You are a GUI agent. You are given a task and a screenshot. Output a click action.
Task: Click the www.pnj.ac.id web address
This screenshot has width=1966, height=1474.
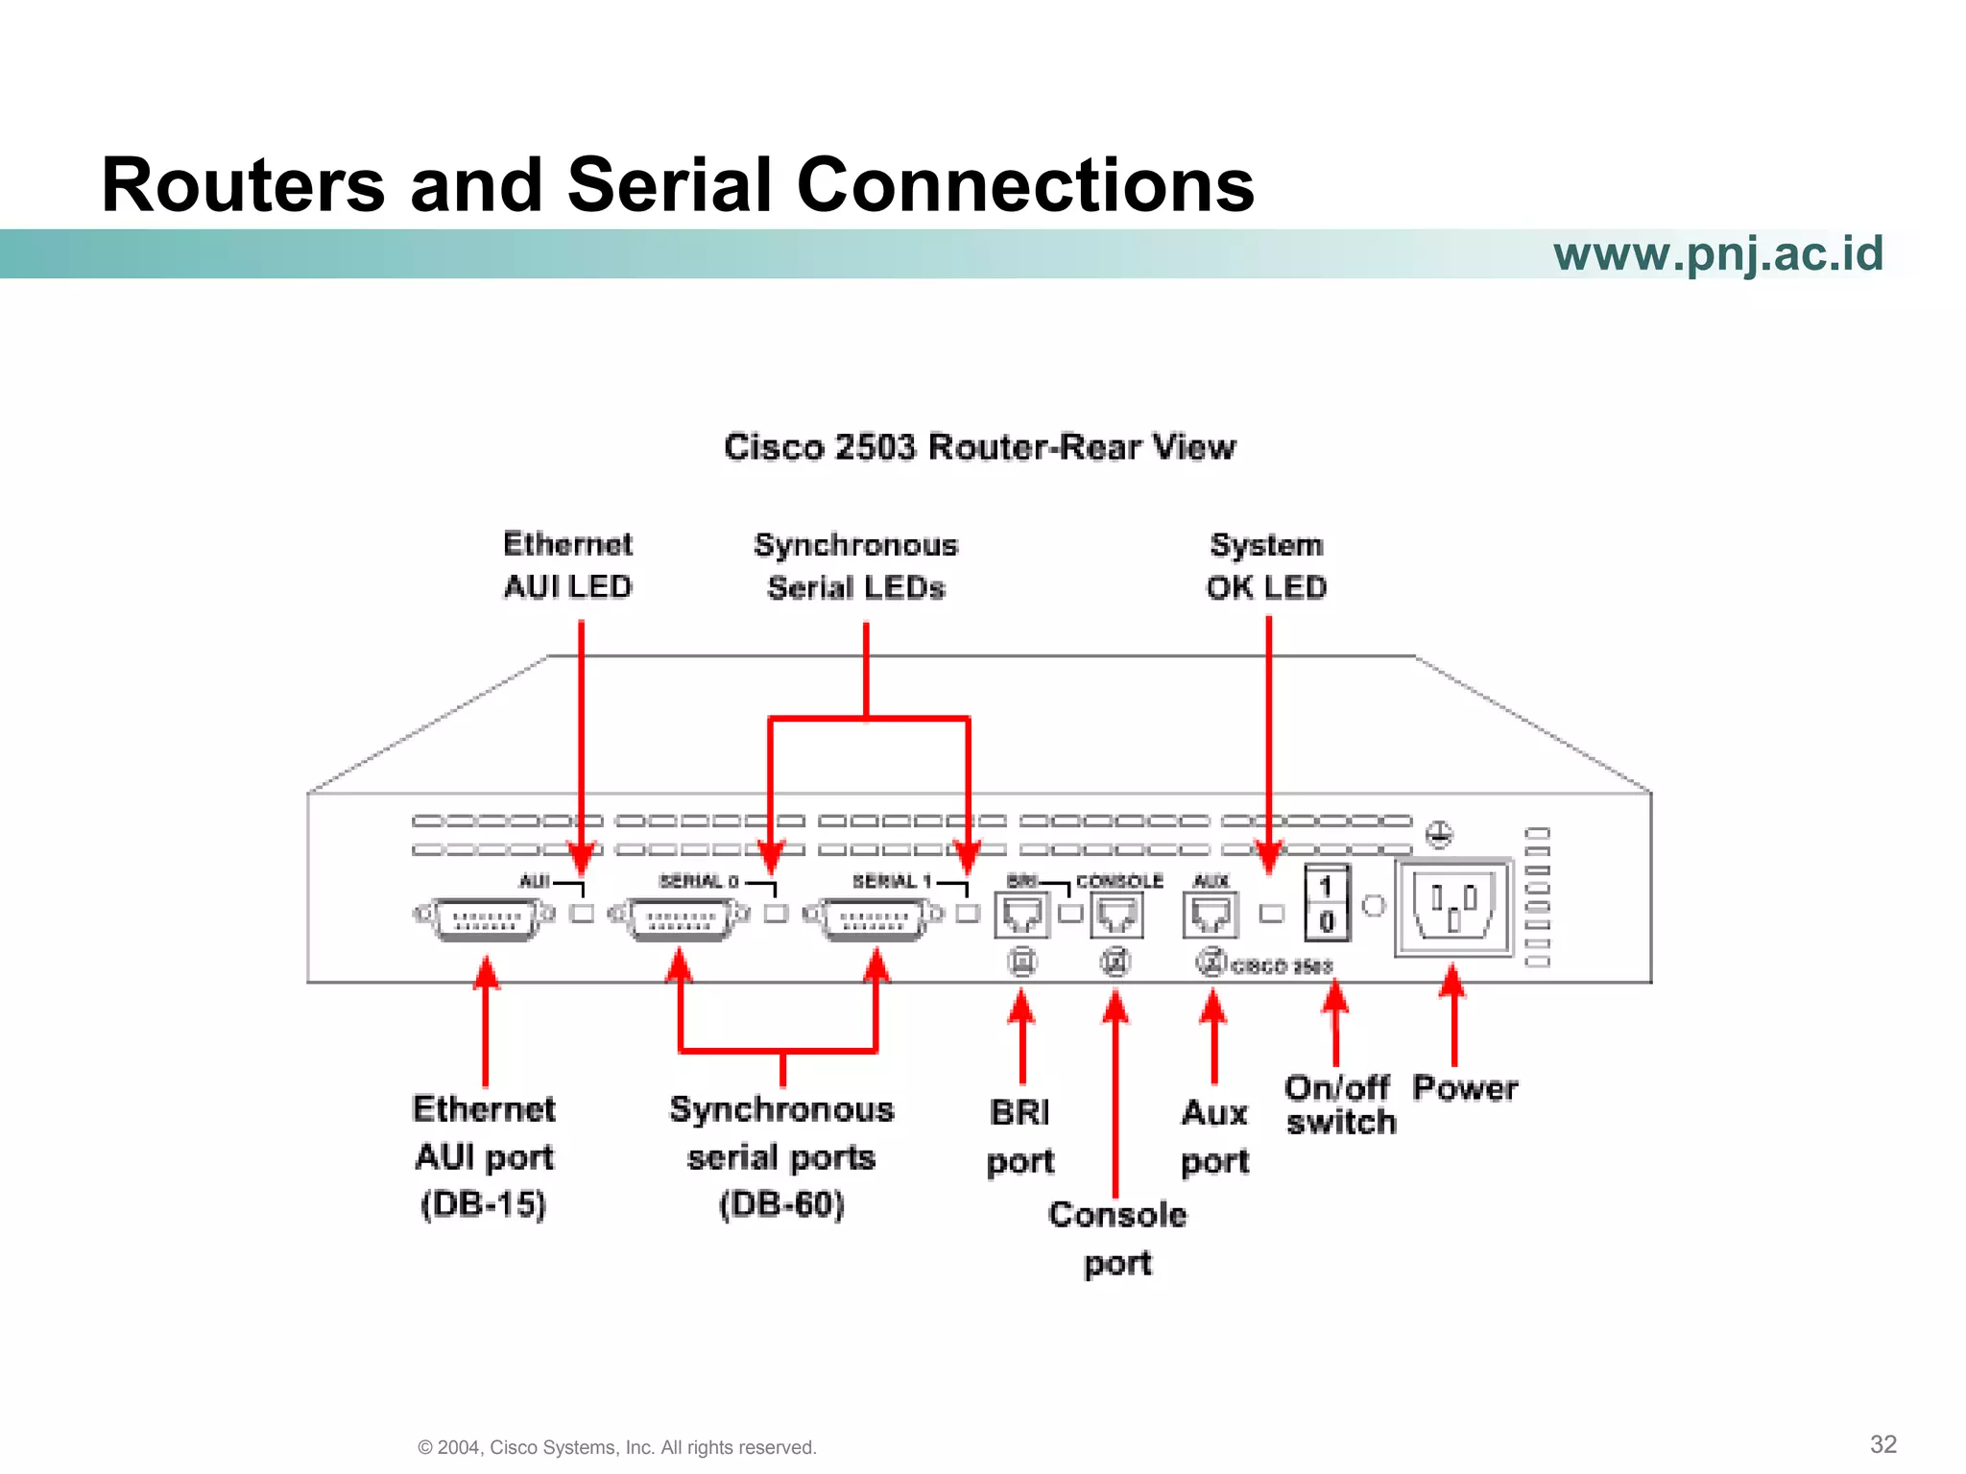1717,254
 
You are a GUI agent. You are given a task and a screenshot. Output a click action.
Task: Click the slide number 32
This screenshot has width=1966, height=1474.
1882,1444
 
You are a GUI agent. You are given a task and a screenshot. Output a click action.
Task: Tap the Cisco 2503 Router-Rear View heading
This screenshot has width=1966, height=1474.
979,447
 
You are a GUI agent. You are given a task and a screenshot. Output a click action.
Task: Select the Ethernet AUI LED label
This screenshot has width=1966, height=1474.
567,565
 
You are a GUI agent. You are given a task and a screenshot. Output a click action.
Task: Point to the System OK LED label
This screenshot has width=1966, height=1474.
1266,566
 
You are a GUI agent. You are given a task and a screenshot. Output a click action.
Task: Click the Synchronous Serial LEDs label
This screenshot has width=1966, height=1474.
855,566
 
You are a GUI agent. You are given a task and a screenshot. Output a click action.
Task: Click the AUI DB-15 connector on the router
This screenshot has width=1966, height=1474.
485,919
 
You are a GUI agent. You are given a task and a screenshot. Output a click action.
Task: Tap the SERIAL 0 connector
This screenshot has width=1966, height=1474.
680,919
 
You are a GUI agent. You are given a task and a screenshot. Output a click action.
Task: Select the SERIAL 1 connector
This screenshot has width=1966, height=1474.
874,919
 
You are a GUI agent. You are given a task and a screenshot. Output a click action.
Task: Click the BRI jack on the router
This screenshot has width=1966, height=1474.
1021,915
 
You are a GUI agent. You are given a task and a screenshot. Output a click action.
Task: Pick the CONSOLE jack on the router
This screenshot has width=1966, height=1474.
1116,915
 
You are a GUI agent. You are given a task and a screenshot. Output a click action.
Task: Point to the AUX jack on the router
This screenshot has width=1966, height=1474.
1211,915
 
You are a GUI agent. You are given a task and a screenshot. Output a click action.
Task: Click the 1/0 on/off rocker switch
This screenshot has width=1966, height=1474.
1327,903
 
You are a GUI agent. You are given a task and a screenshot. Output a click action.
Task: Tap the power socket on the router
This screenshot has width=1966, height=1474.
1453,907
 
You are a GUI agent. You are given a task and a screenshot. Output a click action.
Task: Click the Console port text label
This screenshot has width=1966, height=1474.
1117,1239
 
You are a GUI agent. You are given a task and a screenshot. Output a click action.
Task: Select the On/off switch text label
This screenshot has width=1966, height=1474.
1340,1105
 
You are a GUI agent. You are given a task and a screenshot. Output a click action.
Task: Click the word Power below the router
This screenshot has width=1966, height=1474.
1465,1088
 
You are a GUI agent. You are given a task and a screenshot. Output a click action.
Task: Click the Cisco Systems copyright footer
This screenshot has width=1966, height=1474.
616,1447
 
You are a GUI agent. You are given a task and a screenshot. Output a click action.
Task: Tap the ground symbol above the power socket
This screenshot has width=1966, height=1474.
1438,834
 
